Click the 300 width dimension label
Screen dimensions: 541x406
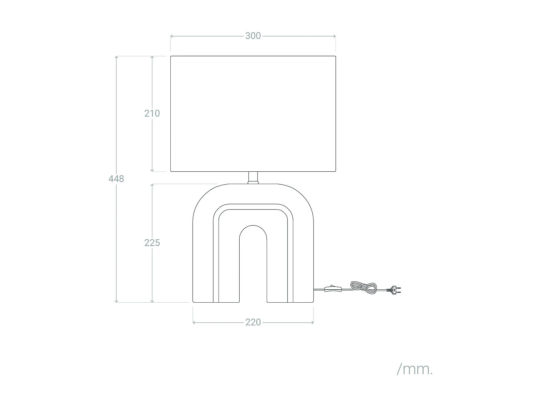coord(253,36)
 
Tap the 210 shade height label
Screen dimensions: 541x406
coord(152,113)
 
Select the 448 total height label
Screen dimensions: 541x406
coord(116,179)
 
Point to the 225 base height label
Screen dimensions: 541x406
coord(152,243)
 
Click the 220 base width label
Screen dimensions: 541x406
coord(253,322)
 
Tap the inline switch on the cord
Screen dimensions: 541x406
coord(334,289)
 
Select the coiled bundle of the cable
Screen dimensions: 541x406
coord(363,287)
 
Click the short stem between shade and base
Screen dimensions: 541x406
coord(253,178)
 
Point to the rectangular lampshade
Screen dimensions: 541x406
coord(253,114)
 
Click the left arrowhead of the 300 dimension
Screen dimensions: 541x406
coord(171,36)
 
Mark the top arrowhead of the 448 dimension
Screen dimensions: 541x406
coord(116,57)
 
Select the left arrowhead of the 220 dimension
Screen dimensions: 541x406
coord(194,322)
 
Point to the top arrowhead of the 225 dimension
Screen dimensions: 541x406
coord(152,185)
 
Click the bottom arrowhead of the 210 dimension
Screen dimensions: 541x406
coord(152,170)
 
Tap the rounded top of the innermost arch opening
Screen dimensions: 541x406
coord(253,226)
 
